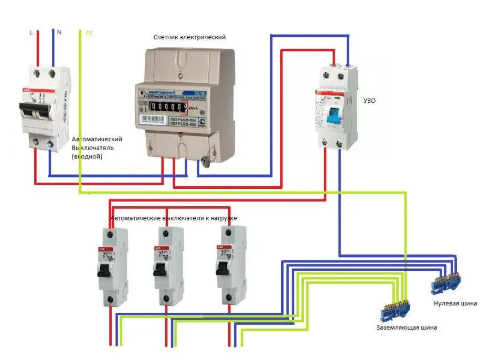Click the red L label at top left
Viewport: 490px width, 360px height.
point(31,33)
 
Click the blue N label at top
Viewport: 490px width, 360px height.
point(59,33)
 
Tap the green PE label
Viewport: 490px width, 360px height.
point(89,33)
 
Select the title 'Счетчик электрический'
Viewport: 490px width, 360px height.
point(189,37)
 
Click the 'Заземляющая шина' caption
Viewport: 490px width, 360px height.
point(406,327)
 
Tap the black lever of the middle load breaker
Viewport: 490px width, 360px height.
point(161,269)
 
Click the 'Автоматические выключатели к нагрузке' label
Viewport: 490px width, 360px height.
point(174,218)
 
